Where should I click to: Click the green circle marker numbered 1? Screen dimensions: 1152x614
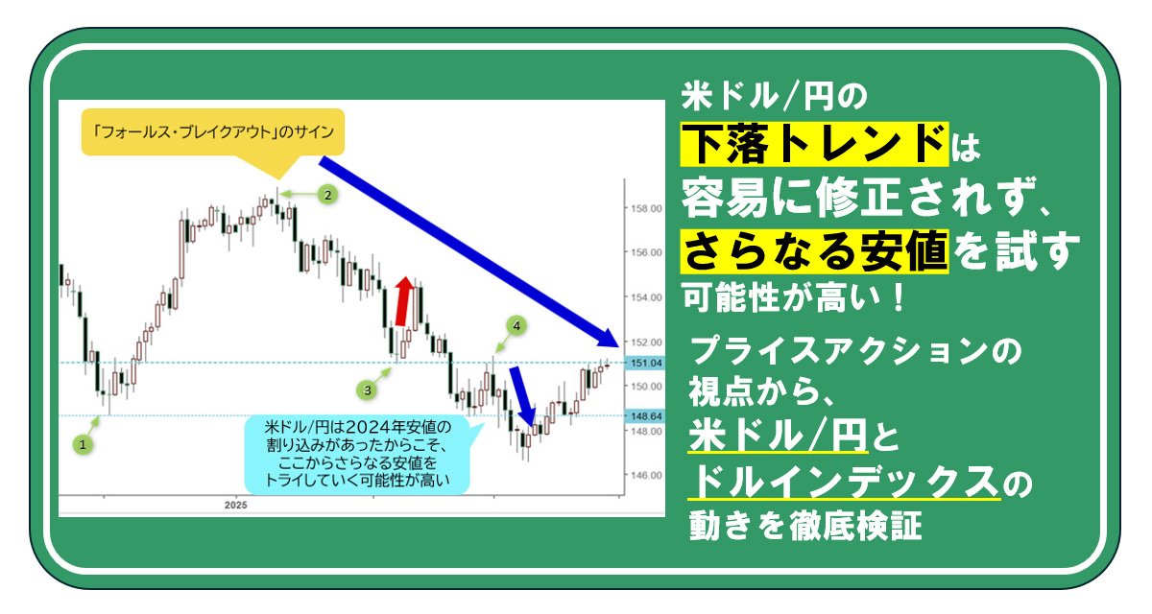83,445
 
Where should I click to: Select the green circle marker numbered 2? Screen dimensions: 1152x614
327,196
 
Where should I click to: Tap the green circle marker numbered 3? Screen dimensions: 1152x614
367,390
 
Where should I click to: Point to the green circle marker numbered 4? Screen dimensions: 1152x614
516,326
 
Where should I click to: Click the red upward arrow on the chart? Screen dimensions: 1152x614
404,301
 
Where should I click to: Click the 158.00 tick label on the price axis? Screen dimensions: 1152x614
646,208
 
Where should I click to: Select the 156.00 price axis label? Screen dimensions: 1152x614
646,252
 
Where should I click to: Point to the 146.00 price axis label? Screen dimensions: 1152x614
646,475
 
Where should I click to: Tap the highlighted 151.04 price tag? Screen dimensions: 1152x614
645,364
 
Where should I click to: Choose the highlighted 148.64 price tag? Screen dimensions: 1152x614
645,416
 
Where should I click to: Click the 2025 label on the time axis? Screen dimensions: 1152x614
235,505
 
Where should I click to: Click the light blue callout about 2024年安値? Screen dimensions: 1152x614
358,454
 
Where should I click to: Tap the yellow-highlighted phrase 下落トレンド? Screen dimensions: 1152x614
814,144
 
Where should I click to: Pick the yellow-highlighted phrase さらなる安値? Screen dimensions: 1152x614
814,251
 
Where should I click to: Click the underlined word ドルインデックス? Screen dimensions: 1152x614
844,483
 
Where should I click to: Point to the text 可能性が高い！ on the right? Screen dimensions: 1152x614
794,297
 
